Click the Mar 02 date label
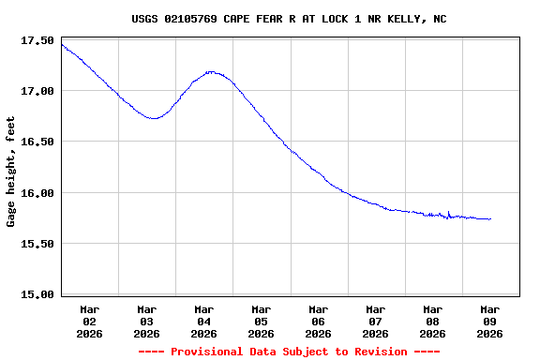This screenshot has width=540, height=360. pos(90,321)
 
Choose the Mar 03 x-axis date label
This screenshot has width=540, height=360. pos(147,321)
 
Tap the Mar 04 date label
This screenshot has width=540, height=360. pos(204,321)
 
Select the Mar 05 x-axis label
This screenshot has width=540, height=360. pos(262,321)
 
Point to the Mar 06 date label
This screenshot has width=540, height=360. pos(319,321)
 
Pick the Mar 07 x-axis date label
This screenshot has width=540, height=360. pos(376,321)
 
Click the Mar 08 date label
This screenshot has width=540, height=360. pos(433,321)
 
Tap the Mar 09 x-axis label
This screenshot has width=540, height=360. pos(490,321)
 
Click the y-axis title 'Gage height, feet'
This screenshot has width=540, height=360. pos(11,172)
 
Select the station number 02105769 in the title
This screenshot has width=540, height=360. pos(200,18)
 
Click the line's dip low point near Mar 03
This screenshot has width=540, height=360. pos(155,118)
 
